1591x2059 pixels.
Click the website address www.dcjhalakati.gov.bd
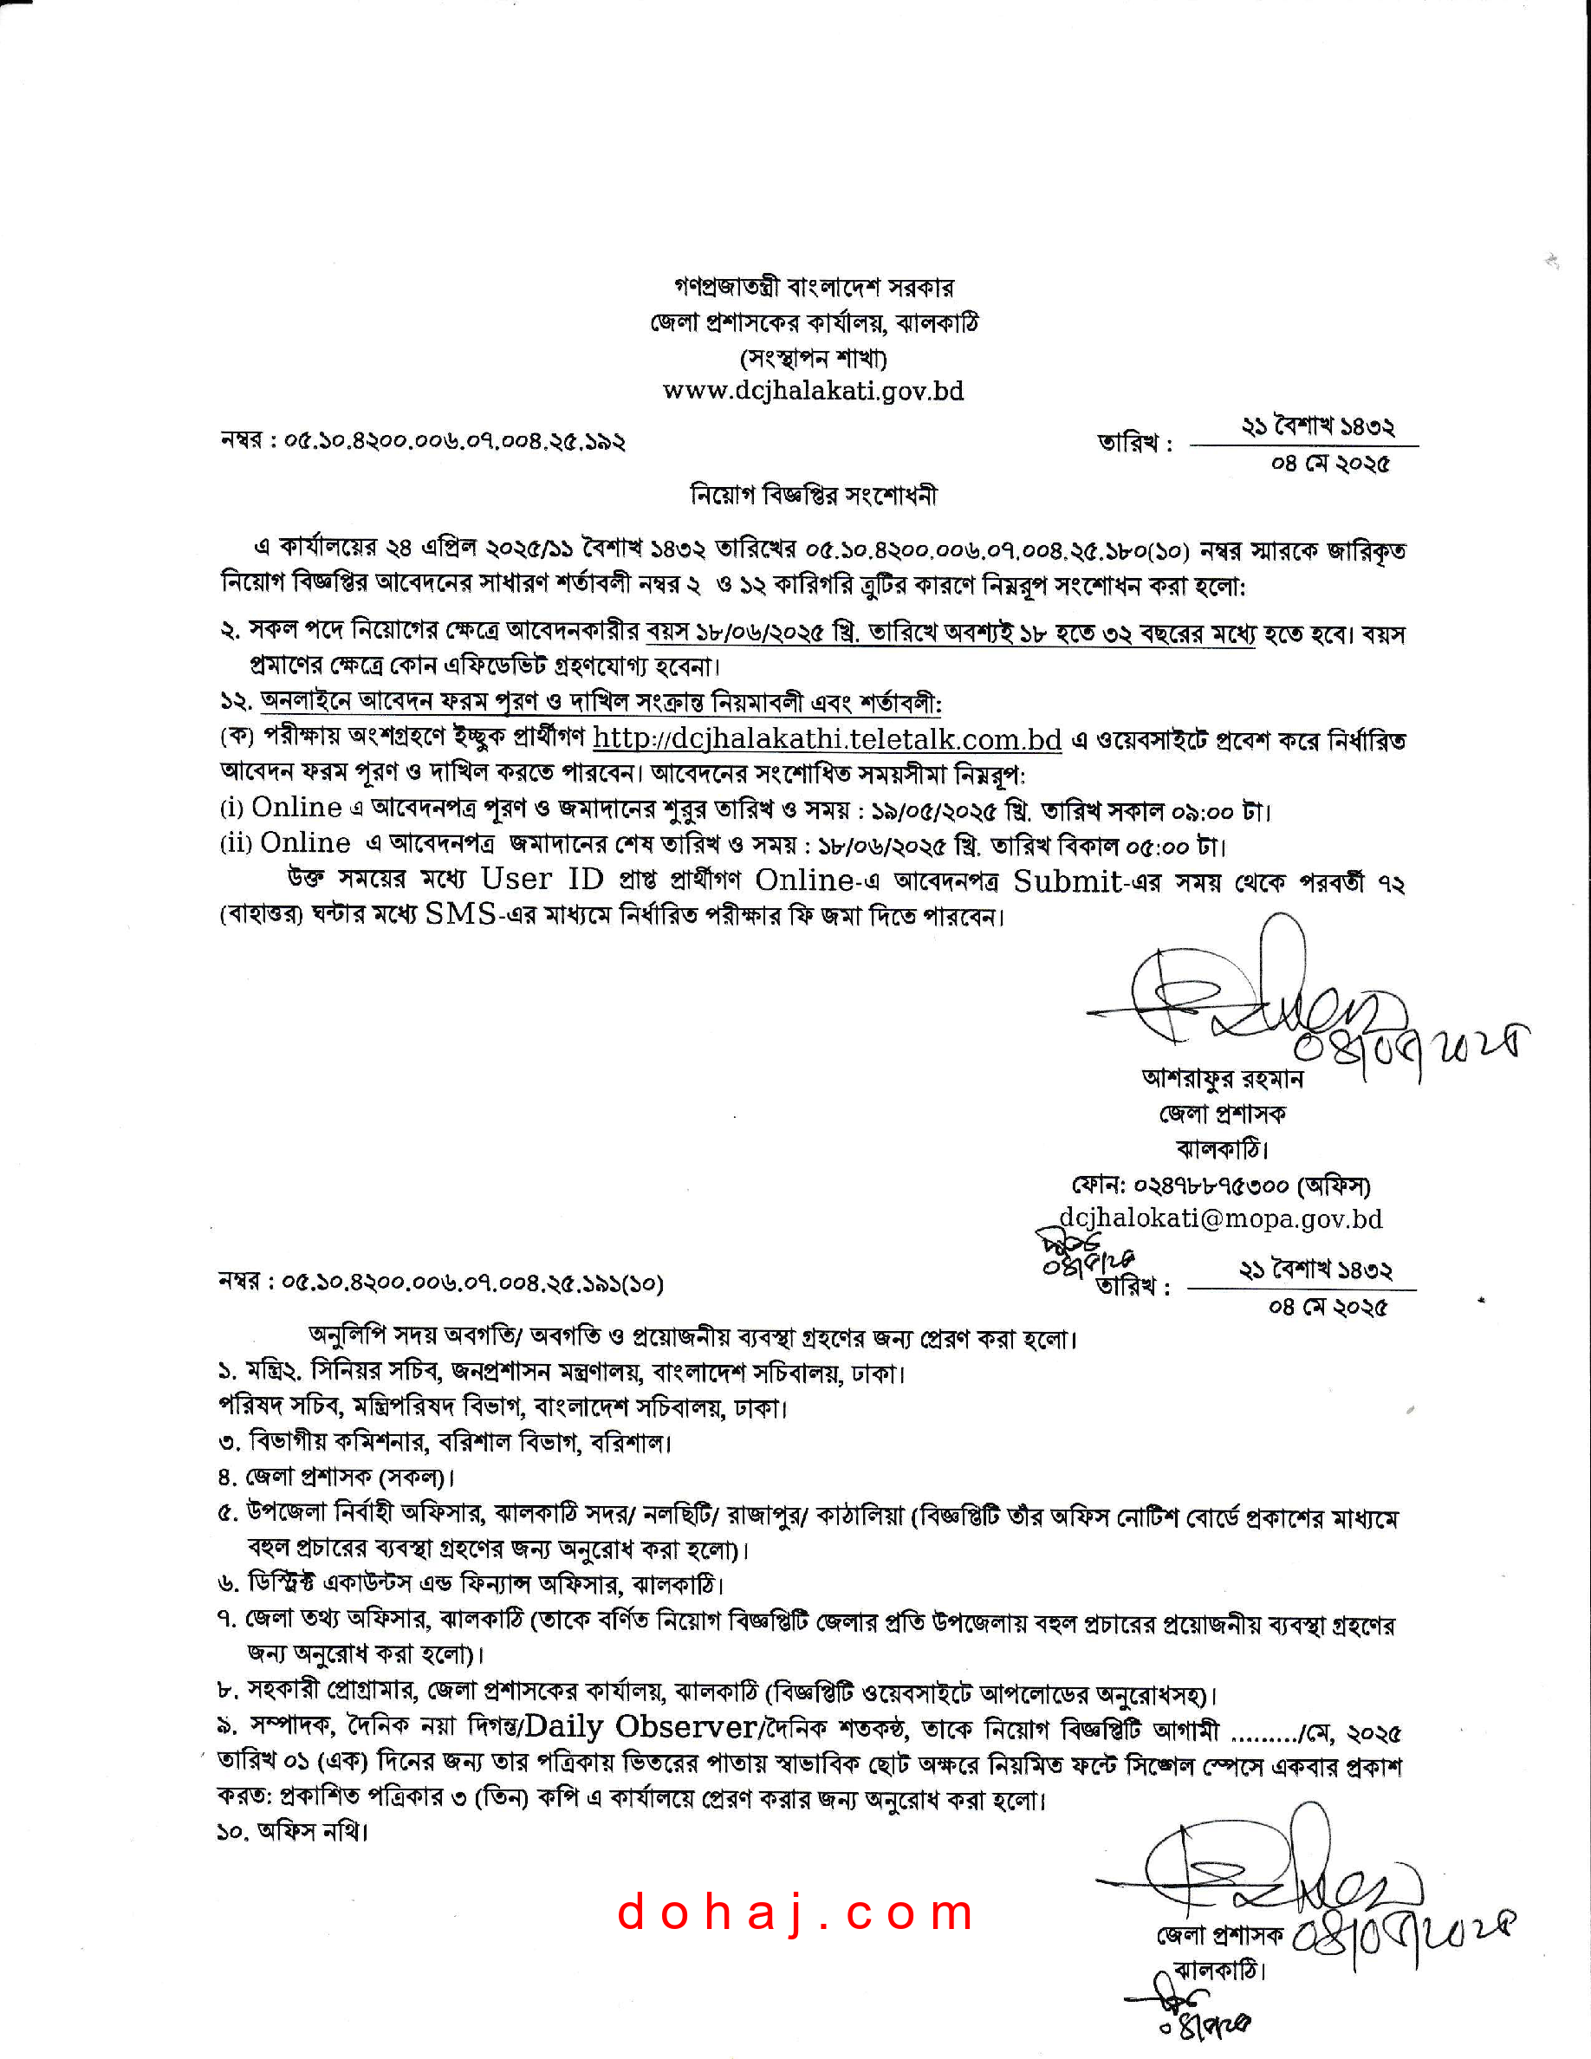(x=813, y=391)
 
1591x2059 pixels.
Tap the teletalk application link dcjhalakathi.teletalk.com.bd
(x=827, y=740)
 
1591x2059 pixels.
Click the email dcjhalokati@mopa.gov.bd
(x=1221, y=1219)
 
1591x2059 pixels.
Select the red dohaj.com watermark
(x=795, y=1913)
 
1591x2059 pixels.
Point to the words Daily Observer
(x=640, y=1726)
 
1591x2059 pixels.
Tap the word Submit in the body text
(x=1067, y=880)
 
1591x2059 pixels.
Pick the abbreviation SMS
(x=460, y=913)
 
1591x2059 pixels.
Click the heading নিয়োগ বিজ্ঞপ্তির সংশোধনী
(x=814, y=495)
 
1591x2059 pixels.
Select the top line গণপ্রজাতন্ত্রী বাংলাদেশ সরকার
(x=814, y=287)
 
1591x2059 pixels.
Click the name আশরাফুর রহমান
(x=1222, y=1077)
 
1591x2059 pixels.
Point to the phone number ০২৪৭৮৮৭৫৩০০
(x=1211, y=1185)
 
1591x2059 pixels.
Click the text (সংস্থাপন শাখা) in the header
(x=813, y=358)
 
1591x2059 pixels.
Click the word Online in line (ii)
(x=304, y=843)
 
